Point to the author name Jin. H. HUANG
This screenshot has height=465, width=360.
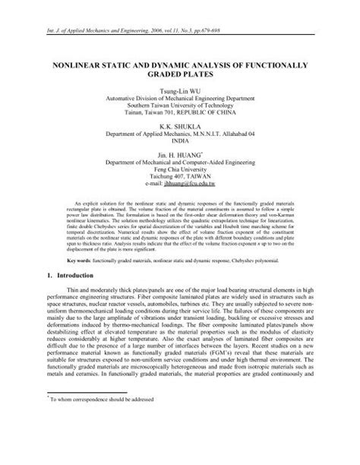click(x=179, y=153)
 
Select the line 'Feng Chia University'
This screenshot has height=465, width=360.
click(x=180, y=169)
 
